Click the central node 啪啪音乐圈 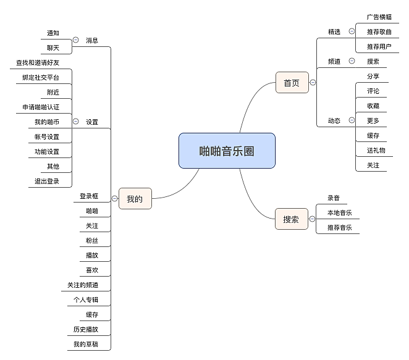(x=227, y=151)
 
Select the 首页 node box (x=292, y=83)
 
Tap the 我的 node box (x=135, y=199)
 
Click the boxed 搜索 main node (x=291, y=219)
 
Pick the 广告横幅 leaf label (x=379, y=17)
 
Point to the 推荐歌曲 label (x=379, y=31)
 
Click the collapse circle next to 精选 (x=352, y=31)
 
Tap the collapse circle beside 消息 (x=75, y=40)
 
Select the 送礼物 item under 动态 (x=376, y=150)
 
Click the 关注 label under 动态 (x=373, y=165)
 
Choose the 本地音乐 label (x=339, y=213)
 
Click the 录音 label (x=334, y=198)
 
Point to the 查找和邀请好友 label (x=38, y=62)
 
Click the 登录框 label (x=89, y=196)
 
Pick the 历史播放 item (x=85, y=329)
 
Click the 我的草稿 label (x=85, y=344)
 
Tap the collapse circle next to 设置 (x=75, y=122)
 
